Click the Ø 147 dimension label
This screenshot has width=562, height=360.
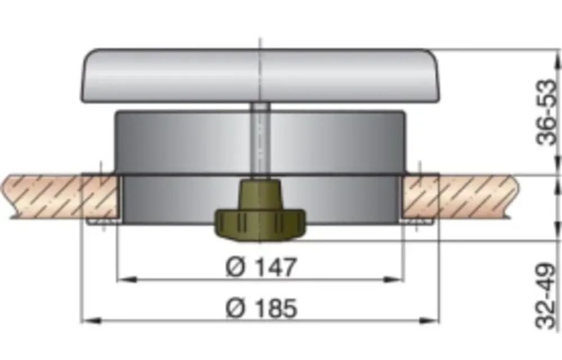261,267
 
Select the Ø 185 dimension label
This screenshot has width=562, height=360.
261,308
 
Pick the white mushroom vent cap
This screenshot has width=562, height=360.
260,75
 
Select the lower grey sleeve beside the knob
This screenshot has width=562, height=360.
169,200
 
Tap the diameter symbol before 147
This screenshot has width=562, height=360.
235,267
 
